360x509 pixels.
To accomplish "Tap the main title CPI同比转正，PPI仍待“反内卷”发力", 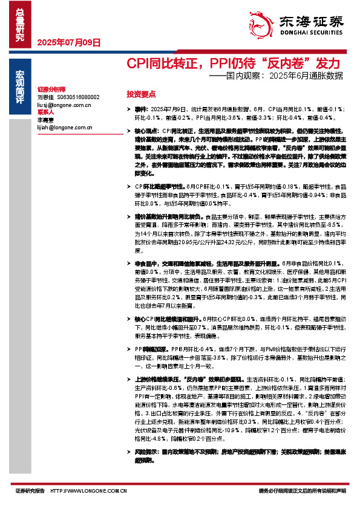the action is tap(233, 63).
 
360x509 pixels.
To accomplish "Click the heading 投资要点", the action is tap(141, 94).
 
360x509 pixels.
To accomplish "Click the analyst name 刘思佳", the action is tap(45, 97).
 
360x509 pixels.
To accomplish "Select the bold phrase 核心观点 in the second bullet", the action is tap(145, 131).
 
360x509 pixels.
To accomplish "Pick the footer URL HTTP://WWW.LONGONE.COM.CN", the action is tap(85, 491).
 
